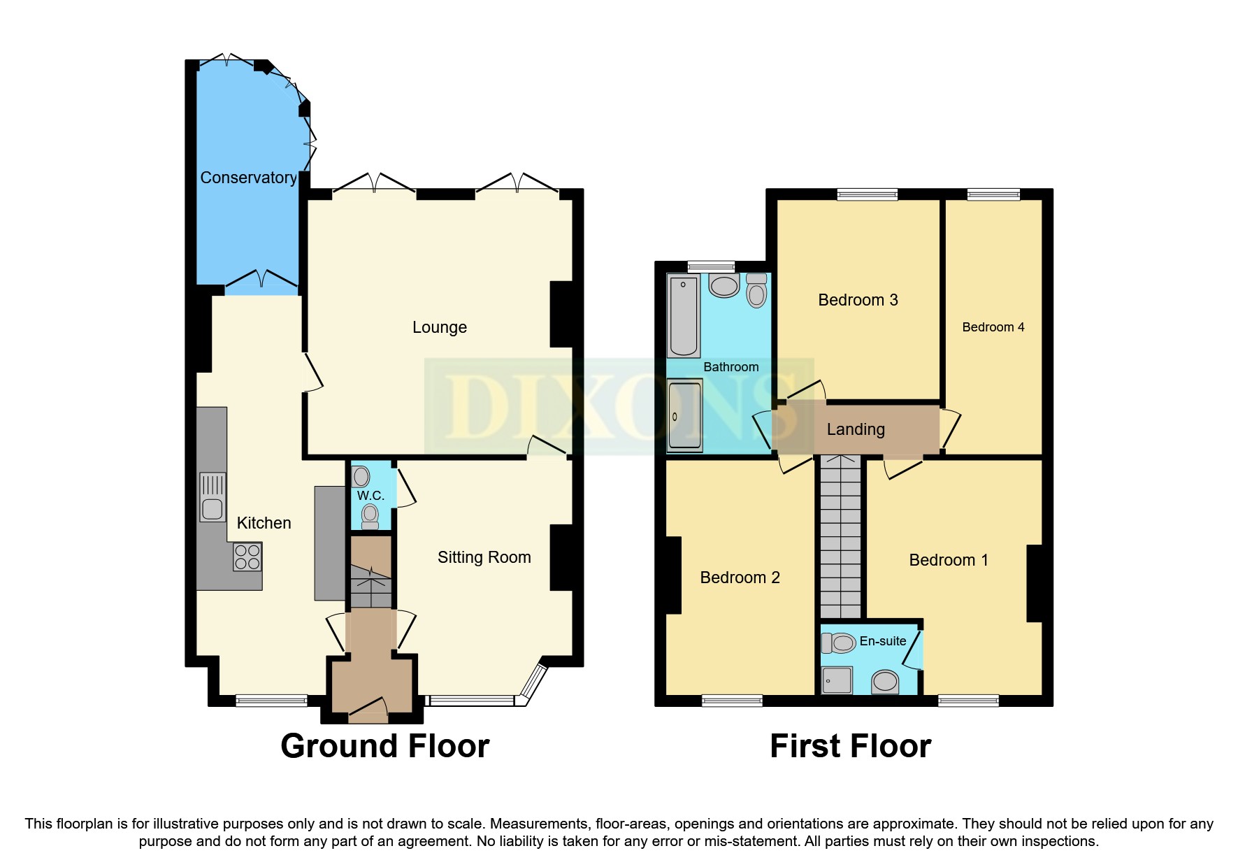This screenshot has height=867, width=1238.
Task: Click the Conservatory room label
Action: [x=248, y=178]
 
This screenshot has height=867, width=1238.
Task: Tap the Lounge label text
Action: [x=439, y=327]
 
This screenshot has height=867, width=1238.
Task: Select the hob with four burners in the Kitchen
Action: [x=247, y=557]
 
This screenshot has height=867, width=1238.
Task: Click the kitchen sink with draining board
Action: [x=213, y=497]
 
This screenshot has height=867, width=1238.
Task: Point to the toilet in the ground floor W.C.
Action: [x=370, y=517]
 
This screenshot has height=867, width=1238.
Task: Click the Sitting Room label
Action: [x=484, y=557]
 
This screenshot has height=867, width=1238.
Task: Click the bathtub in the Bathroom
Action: [x=684, y=316]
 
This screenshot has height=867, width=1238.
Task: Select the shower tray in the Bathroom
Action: [x=684, y=415]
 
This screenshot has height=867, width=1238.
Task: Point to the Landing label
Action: [x=856, y=429]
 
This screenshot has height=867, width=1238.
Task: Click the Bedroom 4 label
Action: [x=993, y=327]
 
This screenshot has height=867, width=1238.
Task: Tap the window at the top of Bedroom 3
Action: [x=867, y=194]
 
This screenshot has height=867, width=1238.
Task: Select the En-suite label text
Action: [x=882, y=641]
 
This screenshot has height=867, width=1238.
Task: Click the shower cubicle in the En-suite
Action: [x=837, y=680]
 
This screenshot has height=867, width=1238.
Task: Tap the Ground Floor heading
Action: [x=384, y=746]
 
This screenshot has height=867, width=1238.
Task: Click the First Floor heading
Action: [x=850, y=746]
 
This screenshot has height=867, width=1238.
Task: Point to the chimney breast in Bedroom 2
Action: [x=673, y=575]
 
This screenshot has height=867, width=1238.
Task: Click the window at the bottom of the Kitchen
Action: [x=271, y=700]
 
